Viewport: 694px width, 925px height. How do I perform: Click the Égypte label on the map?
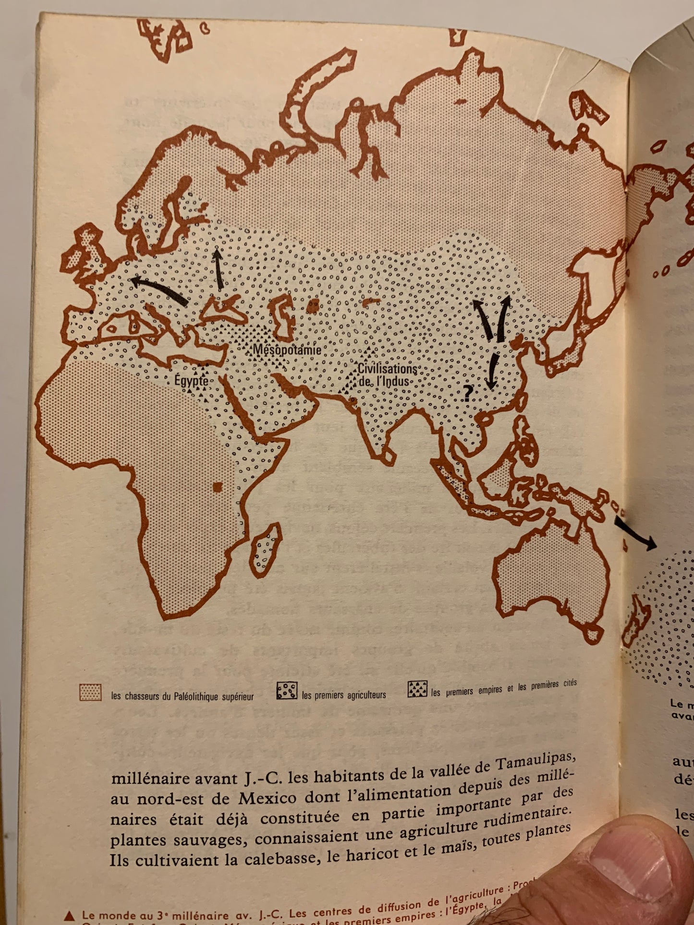coord(191,381)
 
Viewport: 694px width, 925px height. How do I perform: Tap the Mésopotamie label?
coord(287,349)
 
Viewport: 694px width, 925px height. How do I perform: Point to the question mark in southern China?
coord(467,393)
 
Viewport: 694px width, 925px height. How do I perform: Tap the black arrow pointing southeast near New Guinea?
coord(635,534)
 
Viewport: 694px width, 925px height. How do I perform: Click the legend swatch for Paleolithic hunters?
coord(90,692)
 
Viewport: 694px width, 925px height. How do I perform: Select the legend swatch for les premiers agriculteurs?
coord(287,691)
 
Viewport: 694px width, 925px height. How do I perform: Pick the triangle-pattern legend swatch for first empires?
coord(417,689)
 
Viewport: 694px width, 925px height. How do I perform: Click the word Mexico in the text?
coord(268,798)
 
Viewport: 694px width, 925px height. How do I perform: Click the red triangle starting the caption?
coord(70,915)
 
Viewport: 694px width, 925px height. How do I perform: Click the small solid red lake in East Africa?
coord(217,487)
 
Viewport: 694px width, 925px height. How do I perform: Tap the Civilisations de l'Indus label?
coord(387,375)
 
